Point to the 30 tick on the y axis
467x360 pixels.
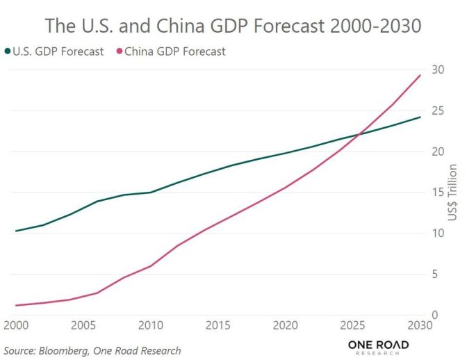(x=437, y=69)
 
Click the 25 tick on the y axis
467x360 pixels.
(x=437, y=111)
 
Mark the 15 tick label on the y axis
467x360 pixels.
(x=437, y=193)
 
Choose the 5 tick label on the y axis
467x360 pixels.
(x=434, y=274)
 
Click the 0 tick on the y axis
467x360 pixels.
(x=434, y=315)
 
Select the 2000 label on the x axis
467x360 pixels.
(x=15, y=326)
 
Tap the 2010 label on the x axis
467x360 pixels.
(x=150, y=326)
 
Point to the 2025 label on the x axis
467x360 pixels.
(x=353, y=326)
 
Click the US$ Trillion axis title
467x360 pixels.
(x=452, y=193)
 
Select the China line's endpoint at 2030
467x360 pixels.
(x=420, y=75)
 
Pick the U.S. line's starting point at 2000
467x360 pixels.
(x=15, y=231)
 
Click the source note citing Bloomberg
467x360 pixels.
(x=92, y=350)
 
